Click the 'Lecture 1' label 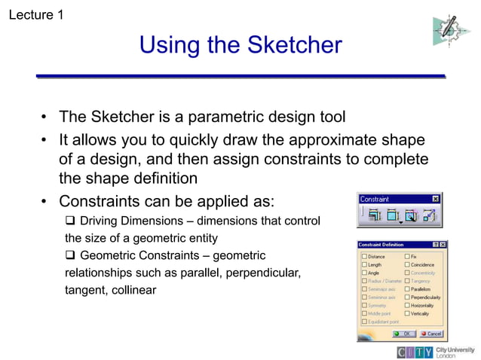[35, 14]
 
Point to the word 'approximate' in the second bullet [322, 141]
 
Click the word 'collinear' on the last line [130, 289]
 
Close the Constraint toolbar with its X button [435, 200]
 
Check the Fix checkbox [406, 257]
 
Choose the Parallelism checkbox [406, 289]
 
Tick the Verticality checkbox [406, 313]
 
